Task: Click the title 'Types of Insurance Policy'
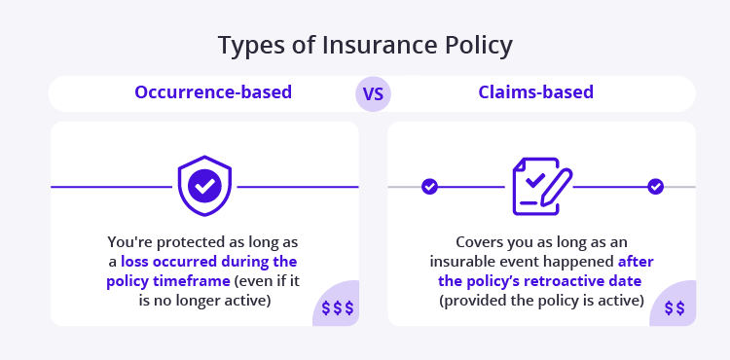click(x=365, y=46)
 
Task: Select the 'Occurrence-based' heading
click(x=213, y=93)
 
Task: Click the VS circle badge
click(x=373, y=94)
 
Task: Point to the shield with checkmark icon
click(x=203, y=185)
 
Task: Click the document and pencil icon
click(x=541, y=185)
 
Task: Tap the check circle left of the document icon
click(x=429, y=186)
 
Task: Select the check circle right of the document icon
click(x=655, y=186)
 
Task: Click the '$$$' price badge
click(x=337, y=308)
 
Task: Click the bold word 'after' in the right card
click(x=634, y=262)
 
